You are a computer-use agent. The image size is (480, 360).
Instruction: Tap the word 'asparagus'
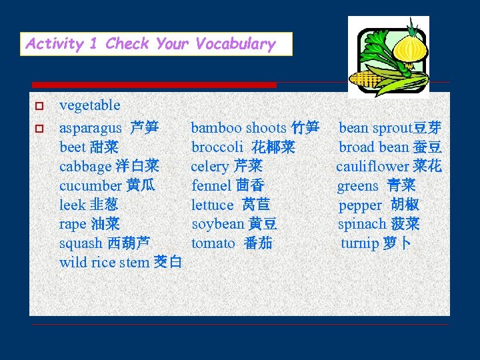[x=91, y=127]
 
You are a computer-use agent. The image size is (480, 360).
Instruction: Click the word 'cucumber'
[x=90, y=185]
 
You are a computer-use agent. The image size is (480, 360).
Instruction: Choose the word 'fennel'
[x=211, y=185]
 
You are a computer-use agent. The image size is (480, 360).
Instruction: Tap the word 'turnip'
[x=360, y=243]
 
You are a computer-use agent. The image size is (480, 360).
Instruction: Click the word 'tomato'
[x=213, y=243]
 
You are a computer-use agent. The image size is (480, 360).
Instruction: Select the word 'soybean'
[x=218, y=224]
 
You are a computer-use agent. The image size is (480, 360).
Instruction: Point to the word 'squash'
[x=81, y=243]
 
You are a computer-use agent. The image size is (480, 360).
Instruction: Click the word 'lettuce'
[x=213, y=205]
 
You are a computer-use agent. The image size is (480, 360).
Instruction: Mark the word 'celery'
[x=210, y=166]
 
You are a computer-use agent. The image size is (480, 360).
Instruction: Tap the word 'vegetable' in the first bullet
[x=90, y=105]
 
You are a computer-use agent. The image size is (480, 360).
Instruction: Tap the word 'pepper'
[x=360, y=205]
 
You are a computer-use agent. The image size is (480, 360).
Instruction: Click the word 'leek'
[x=72, y=205]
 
